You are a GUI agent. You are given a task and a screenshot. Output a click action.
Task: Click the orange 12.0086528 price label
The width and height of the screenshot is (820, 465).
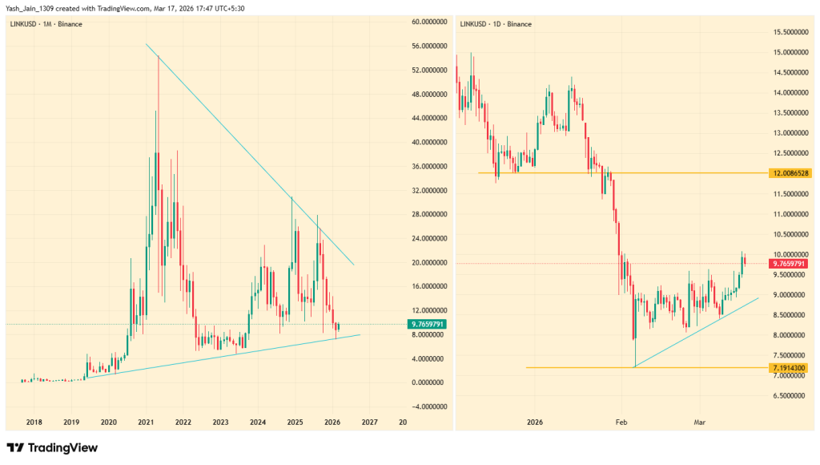point(789,173)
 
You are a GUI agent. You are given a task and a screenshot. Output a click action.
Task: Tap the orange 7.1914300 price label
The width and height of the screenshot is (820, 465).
point(789,368)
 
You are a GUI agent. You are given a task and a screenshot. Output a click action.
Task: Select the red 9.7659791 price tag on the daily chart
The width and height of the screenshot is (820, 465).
point(789,264)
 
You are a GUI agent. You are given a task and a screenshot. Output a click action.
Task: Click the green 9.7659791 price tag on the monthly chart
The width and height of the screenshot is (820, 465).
point(428,324)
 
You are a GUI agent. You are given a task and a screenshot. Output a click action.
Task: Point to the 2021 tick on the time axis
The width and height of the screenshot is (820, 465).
point(146,422)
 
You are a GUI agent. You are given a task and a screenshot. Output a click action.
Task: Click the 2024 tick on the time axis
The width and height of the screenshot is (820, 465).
point(258,422)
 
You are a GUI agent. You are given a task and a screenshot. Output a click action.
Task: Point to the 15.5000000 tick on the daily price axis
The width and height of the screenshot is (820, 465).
point(789,32)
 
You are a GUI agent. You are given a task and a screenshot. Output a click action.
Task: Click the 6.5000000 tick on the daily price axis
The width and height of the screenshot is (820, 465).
point(789,396)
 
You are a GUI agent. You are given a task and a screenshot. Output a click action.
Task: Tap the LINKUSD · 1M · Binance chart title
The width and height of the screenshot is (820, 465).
point(46,24)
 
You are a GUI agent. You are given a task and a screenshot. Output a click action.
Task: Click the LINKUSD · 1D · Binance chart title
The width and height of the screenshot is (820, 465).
point(496,24)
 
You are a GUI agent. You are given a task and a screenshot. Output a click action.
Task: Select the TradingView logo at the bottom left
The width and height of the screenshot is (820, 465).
point(52,447)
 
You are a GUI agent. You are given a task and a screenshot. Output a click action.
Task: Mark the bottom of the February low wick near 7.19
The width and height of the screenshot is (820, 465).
point(634,367)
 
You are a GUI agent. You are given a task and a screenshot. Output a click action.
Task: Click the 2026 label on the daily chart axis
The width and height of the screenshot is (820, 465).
point(535,422)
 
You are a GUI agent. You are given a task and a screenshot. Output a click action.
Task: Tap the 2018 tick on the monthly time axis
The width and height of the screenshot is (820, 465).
point(34,422)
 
